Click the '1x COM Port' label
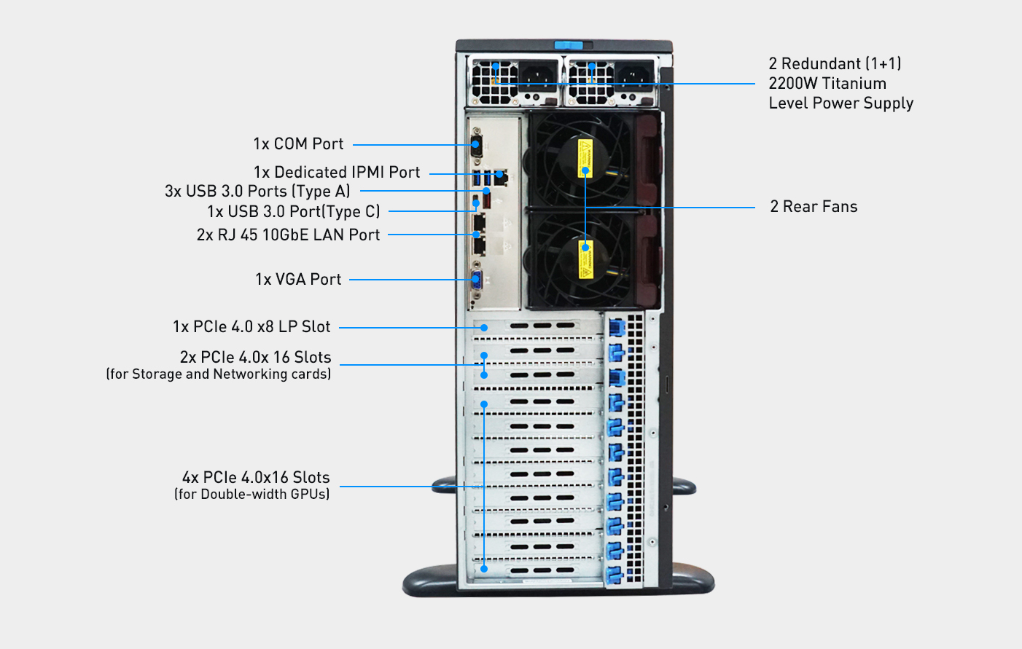click(298, 143)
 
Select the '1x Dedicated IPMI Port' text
click(337, 172)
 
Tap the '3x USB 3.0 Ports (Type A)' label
click(257, 191)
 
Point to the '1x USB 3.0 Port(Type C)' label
click(294, 211)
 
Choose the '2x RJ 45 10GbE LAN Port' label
click(288, 235)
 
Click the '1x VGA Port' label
click(298, 279)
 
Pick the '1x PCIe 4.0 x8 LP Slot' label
click(251, 326)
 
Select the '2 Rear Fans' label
click(814, 206)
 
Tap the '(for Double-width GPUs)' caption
click(251, 494)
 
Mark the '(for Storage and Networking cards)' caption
click(219, 374)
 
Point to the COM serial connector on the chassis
click(477, 143)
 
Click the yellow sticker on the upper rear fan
click(585, 157)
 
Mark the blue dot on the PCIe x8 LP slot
click(484, 328)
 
